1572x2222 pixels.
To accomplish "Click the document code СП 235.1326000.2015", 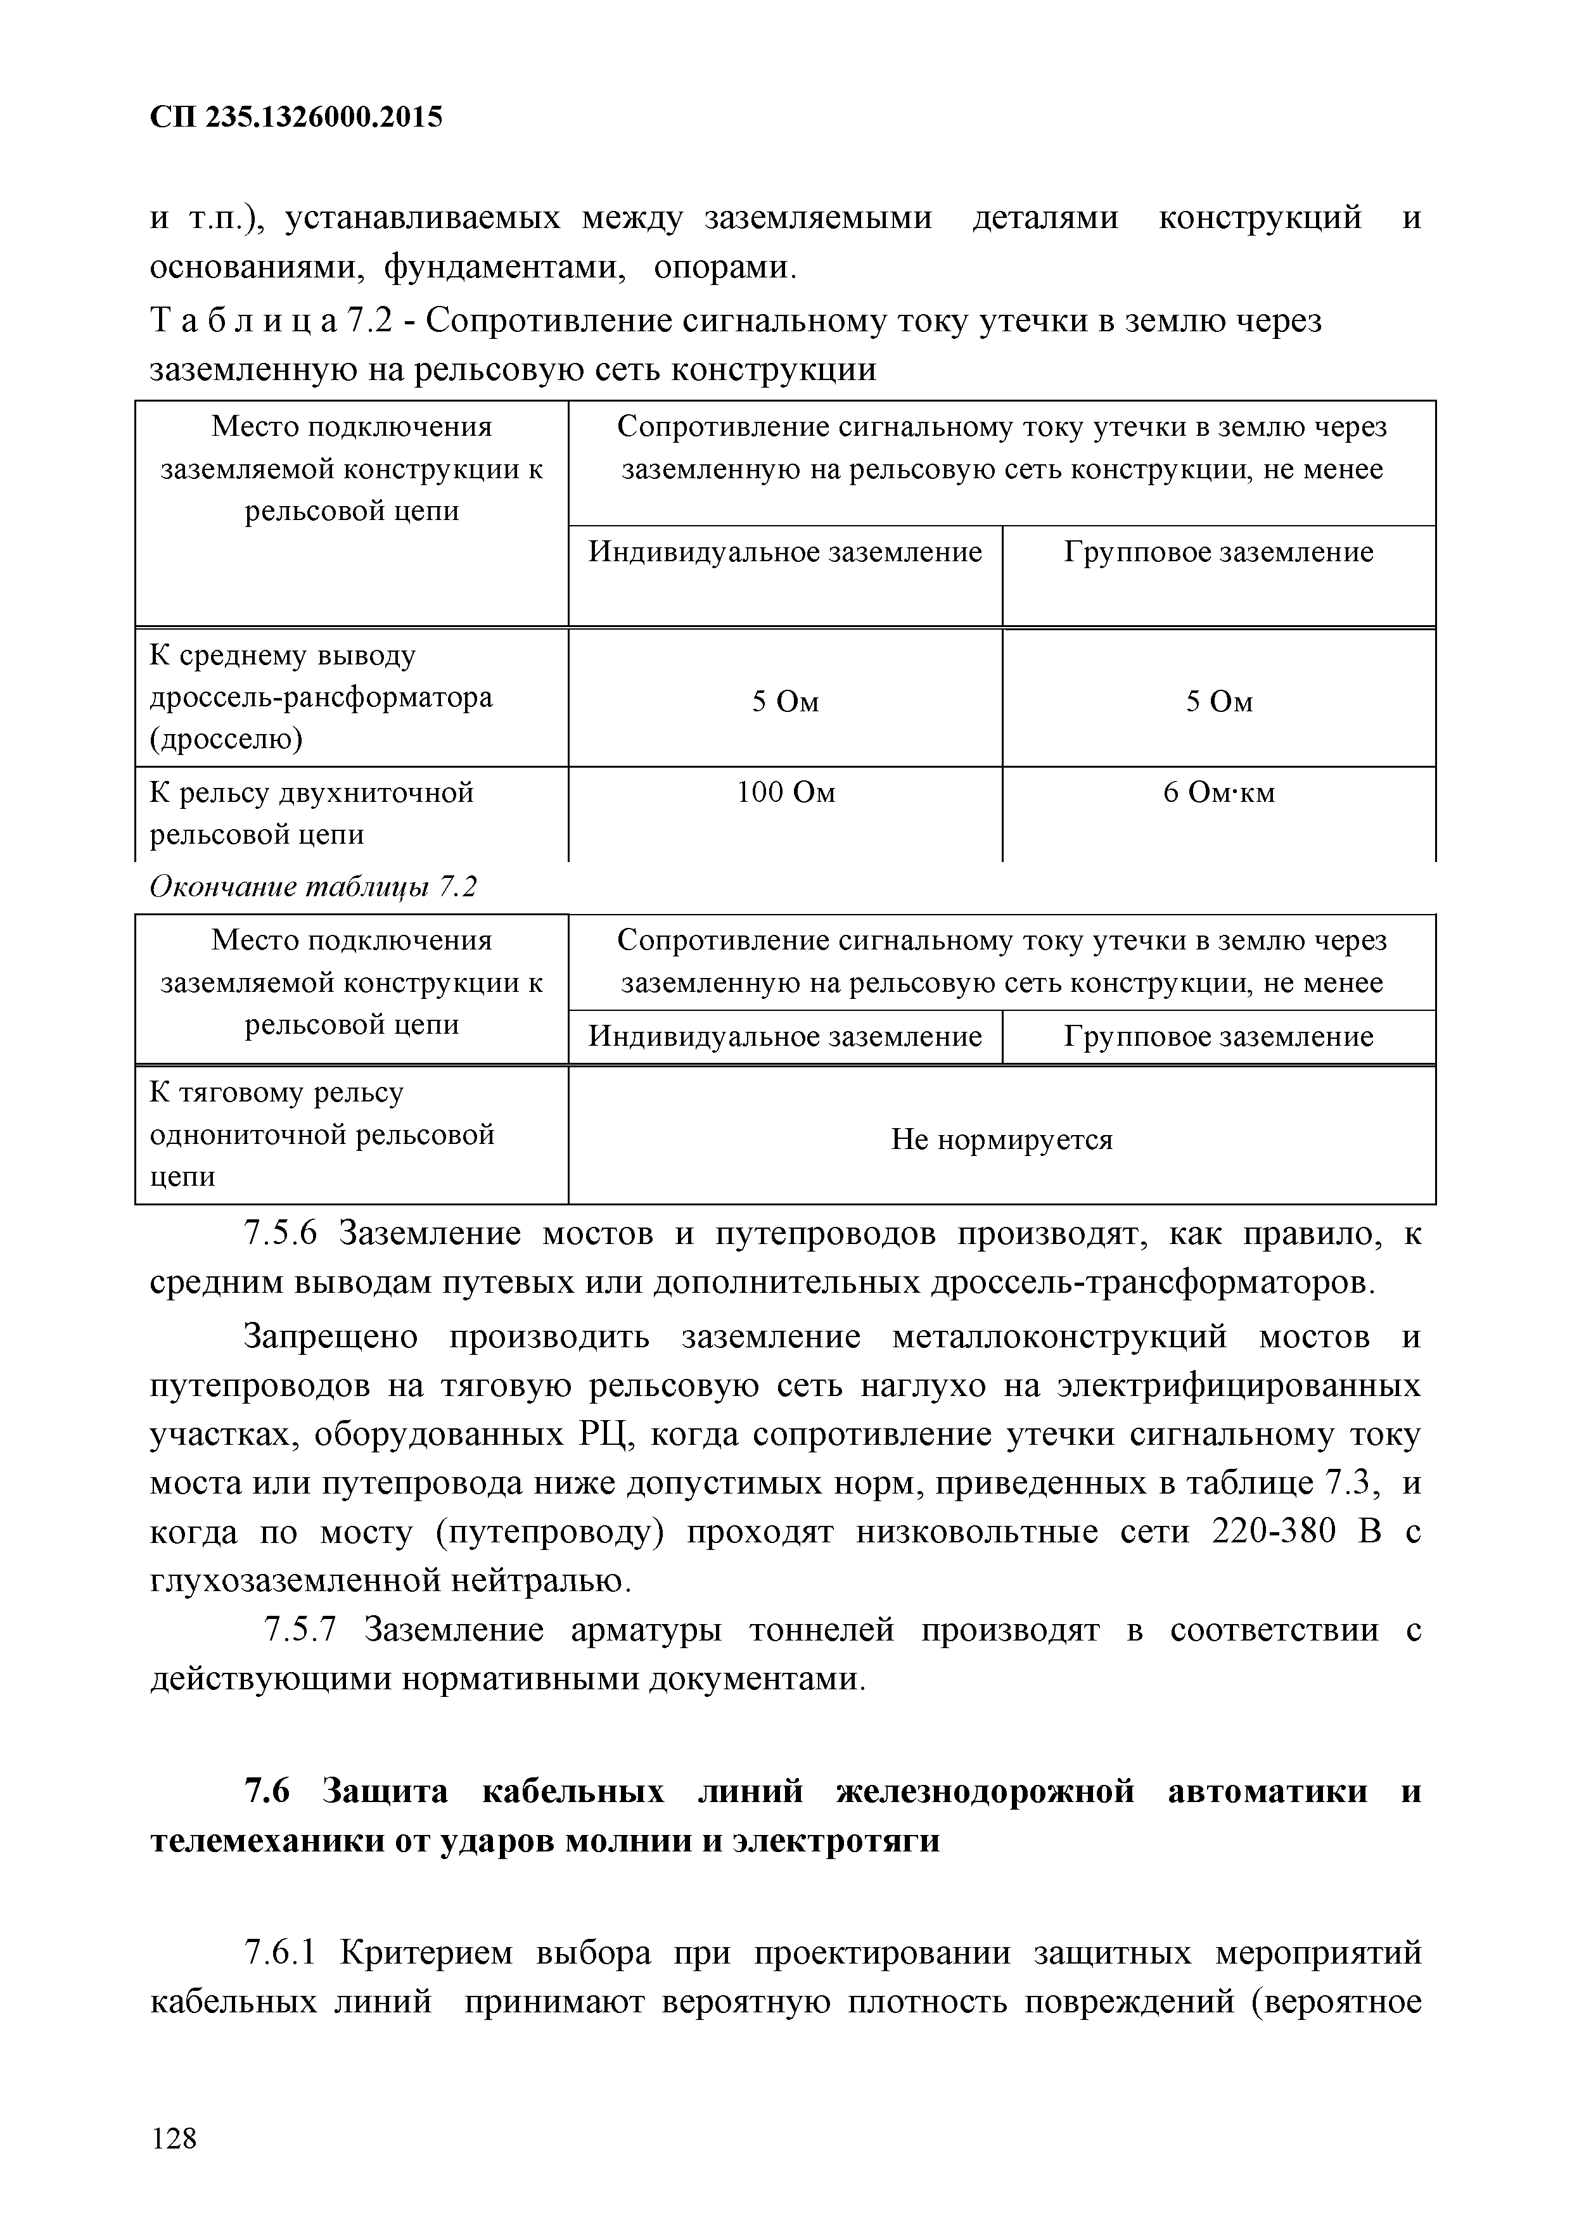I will click(296, 117).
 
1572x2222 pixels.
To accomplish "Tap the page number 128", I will click(174, 2138).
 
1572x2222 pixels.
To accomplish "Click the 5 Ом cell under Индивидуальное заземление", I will click(785, 702).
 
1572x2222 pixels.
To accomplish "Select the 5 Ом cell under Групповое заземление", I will click(1218, 702).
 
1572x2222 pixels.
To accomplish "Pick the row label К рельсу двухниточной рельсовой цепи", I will click(312, 813).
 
